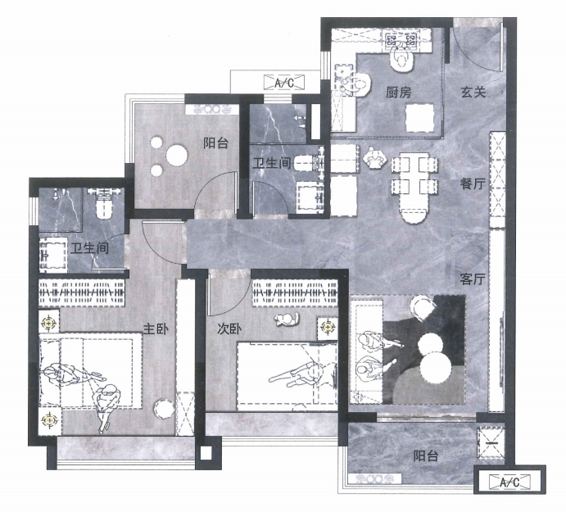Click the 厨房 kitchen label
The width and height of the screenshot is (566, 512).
pyautogui.click(x=399, y=93)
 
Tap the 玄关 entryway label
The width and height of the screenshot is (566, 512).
pyautogui.click(x=473, y=92)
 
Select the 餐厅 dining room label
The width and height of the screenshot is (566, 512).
pyautogui.click(x=473, y=184)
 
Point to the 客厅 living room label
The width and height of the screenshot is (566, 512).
pyautogui.click(x=473, y=279)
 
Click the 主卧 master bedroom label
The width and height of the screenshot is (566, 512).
pyautogui.click(x=156, y=329)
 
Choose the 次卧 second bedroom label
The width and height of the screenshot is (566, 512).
pyautogui.click(x=229, y=329)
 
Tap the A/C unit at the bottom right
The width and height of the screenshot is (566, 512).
pyautogui.click(x=510, y=482)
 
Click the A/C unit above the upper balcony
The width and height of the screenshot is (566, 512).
pyautogui.click(x=284, y=82)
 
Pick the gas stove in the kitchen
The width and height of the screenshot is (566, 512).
pyautogui.click(x=401, y=39)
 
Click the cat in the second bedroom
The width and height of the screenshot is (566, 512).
pyautogui.click(x=287, y=319)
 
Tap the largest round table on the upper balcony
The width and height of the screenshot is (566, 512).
pyautogui.click(x=177, y=156)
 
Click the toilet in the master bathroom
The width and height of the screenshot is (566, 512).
pyautogui.click(x=103, y=203)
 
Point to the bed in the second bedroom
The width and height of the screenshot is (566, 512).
pyautogui.click(x=288, y=376)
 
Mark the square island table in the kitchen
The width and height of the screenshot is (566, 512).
pyautogui.click(x=419, y=117)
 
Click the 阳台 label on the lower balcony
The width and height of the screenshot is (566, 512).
pyautogui.click(x=426, y=456)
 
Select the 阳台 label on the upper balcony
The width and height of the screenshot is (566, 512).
pyautogui.click(x=215, y=143)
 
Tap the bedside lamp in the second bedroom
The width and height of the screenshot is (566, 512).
pyautogui.click(x=328, y=328)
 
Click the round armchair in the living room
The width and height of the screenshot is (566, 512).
pyautogui.click(x=422, y=308)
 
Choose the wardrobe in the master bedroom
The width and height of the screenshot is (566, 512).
pyautogui.click(x=82, y=292)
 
